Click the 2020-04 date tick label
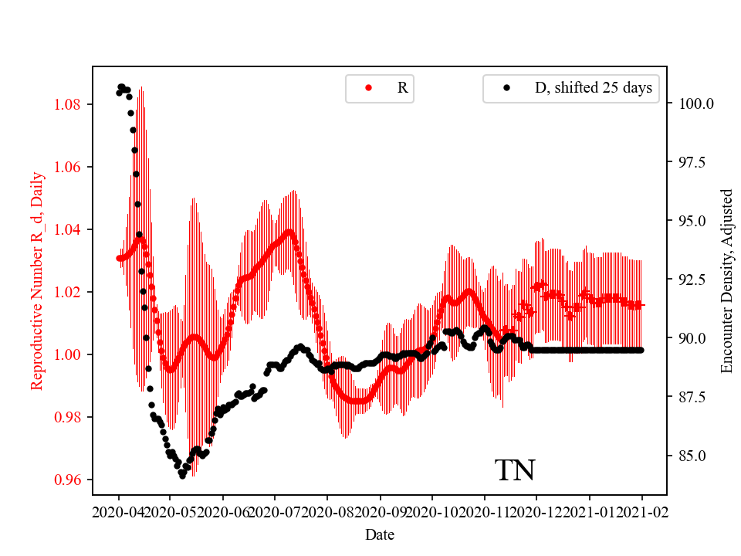tap(118, 511)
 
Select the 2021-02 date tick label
tap(642, 511)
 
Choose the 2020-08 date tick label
tap(327, 511)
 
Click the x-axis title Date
tap(380, 534)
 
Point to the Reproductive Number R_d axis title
tap(36, 280)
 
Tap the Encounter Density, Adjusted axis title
tap(726, 280)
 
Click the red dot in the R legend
tap(368, 88)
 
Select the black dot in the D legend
tap(506, 88)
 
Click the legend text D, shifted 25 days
tap(594, 88)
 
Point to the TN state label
tap(515, 470)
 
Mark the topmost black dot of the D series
tap(121, 86)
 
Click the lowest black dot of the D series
tap(182, 476)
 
